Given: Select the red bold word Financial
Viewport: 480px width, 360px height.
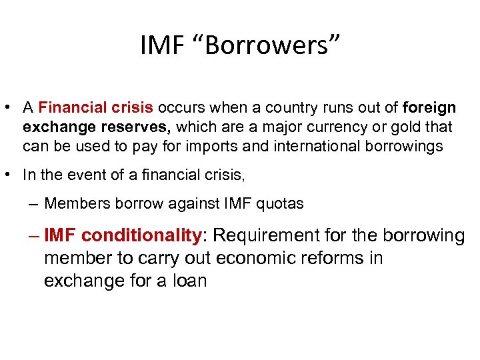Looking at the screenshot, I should click(x=69, y=108).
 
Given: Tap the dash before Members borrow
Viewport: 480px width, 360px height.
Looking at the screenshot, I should click(x=34, y=204).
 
